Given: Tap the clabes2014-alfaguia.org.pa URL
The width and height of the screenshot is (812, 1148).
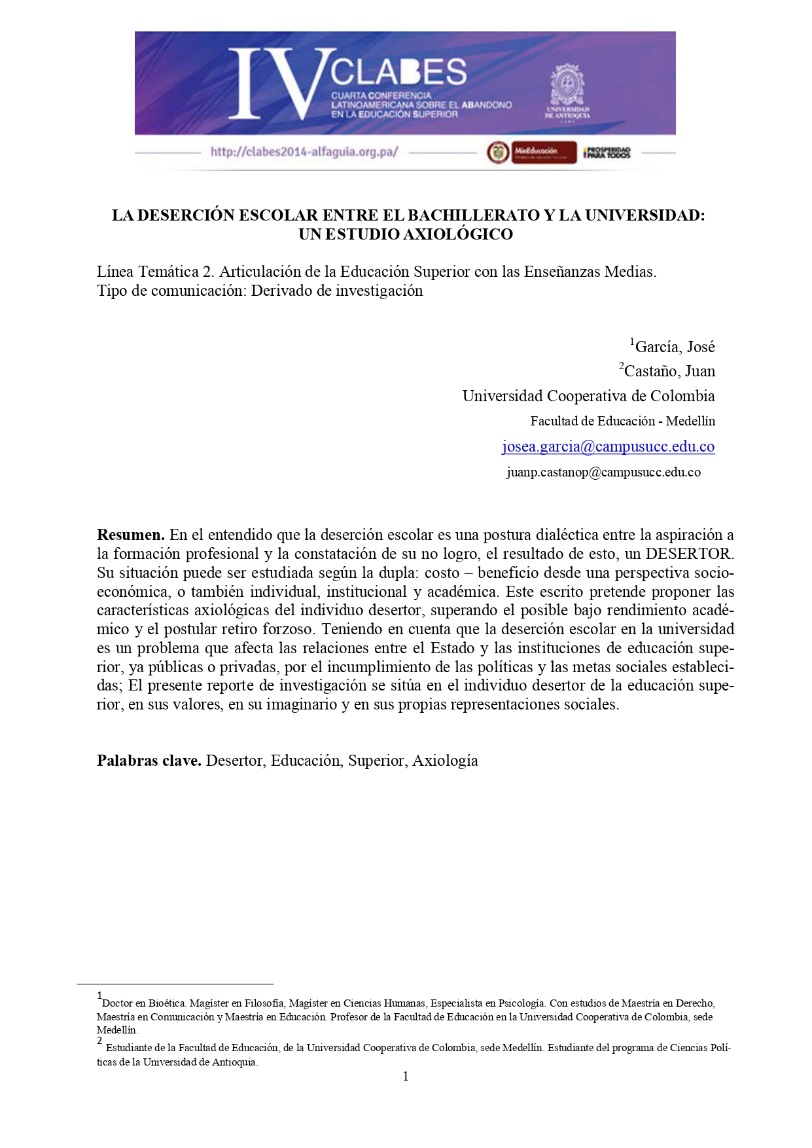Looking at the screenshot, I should (x=304, y=152).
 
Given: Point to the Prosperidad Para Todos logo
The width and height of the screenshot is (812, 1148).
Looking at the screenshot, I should (x=607, y=152).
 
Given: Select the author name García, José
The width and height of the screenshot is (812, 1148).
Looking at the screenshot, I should (x=674, y=347).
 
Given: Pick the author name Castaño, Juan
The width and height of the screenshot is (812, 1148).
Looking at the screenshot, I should (x=669, y=371).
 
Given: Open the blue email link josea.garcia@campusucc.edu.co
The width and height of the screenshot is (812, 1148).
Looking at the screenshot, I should (x=608, y=446).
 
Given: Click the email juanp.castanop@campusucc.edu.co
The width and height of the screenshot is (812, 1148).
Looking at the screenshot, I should (x=603, y=472).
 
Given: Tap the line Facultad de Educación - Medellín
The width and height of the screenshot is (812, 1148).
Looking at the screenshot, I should (x=622, y=421).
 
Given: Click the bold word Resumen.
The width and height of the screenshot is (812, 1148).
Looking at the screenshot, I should (x=130, y=535).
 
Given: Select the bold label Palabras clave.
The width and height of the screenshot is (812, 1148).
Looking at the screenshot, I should (x=149, y=761).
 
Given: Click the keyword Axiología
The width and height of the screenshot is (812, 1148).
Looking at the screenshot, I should (x=445, y=761).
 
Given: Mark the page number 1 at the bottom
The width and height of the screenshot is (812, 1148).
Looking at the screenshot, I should (x=406, y=1077).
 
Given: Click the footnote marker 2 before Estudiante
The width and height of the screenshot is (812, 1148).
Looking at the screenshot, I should (x=99, y=1041).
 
